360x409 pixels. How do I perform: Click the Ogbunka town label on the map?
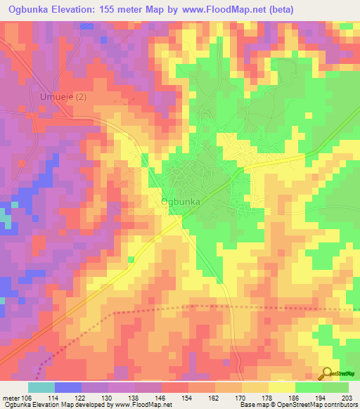click(181, 202)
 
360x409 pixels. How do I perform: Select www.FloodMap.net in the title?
click(220, 9)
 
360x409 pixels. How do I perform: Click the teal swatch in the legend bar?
click(41, 387)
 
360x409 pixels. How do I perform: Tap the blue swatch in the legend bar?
click(68, 387)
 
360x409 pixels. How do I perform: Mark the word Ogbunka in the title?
click(28, 9)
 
